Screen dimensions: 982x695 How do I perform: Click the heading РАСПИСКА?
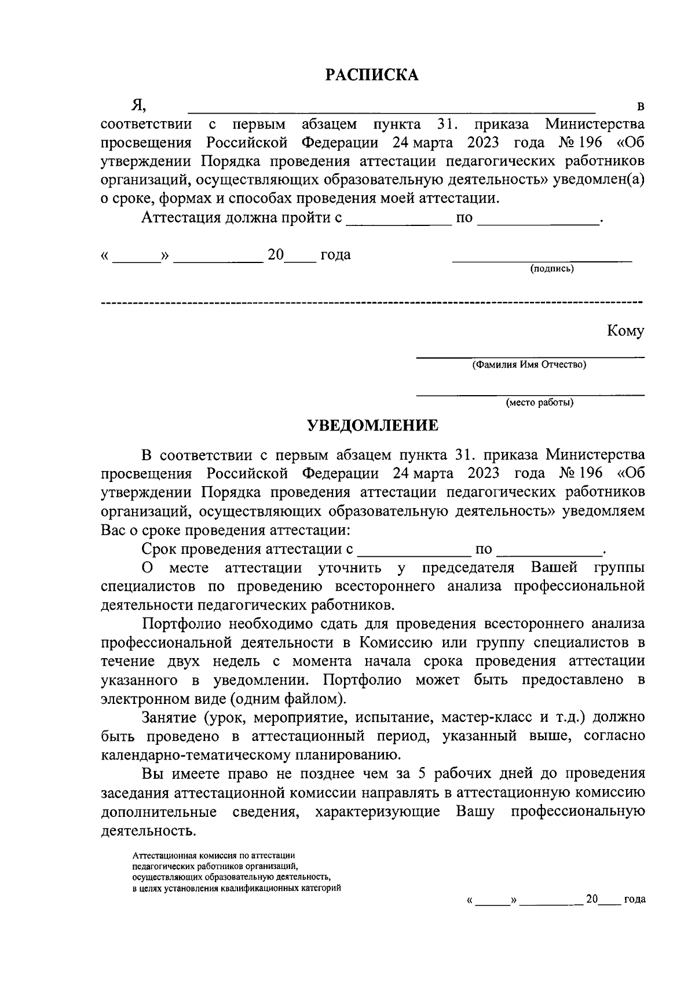[x=371, y=75]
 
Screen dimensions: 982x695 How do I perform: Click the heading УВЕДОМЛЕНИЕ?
[x=372, y=426]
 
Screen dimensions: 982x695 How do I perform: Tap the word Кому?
[x=625, y=331]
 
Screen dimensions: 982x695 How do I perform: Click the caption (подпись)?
[x=552, y=269]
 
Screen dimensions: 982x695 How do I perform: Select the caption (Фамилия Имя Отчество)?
[x=529, y=365]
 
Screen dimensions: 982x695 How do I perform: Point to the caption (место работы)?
[x=539, y=403]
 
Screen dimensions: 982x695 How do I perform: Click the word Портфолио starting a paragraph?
[x=181, y=624]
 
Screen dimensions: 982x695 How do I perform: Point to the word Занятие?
[x=169, y=718]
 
